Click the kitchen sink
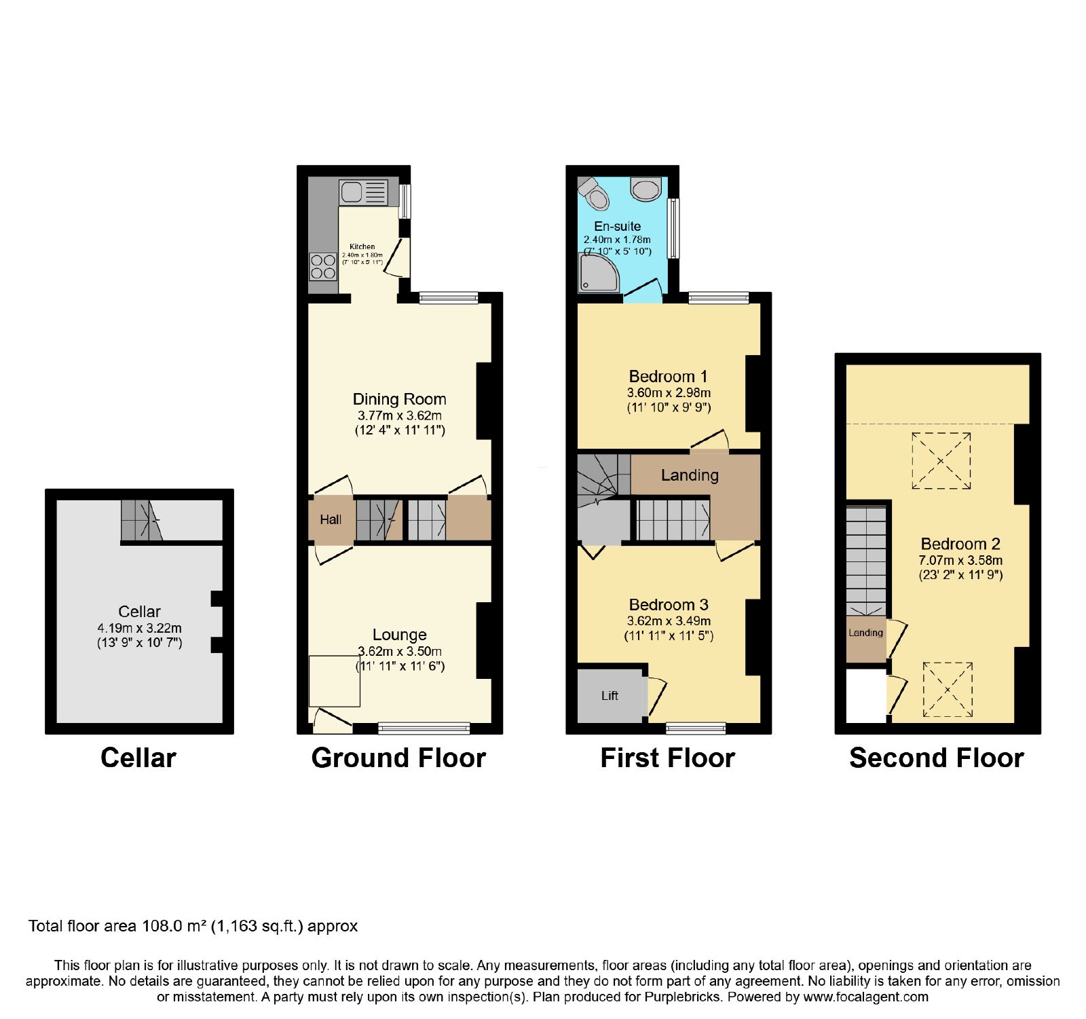click(x=363, y=192)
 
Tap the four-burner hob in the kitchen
click(x=323, y=266)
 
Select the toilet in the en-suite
click(x=594, y=193)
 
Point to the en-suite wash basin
click(x=645, y=189)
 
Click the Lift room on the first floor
click(x=610, y=695)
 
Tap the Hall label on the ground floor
click(x=331, y=519)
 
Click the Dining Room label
click(x=400, y=399)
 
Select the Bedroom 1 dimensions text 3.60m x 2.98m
click(x=669, y=393)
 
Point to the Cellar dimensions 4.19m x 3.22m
click(x=140, y=628)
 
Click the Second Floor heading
click(x=937, y=758)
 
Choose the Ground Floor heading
click(x=399, y=758)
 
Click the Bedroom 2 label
click(x=960, y=544)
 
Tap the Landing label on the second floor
click(x=865, y=633)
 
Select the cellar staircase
click(x=142, y=521)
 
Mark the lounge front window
click(x=424, y=728)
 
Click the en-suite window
click(x=673, y=228)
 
